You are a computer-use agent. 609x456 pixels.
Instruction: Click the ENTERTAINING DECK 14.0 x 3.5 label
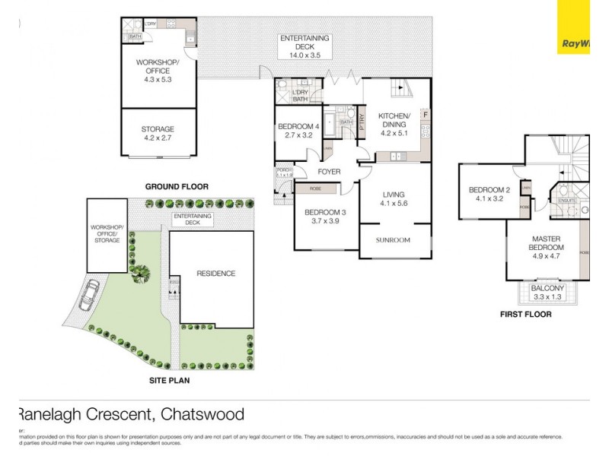point(304,46)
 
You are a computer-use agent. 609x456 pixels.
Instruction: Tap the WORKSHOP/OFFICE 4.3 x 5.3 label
point(158,70)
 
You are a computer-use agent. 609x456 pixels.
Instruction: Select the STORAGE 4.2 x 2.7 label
point(158,134)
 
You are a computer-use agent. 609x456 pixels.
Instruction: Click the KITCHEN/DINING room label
point(394,120)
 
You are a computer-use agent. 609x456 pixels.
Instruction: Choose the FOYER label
point(329,172)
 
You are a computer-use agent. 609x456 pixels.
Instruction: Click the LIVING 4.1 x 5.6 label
point(394,199)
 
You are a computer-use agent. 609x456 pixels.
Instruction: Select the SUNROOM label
point(393,240)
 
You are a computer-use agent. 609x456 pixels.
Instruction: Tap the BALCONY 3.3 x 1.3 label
point(547,293)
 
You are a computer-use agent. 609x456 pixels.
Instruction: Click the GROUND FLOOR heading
point(177,186)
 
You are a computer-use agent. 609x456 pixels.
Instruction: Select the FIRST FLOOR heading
point(525,314)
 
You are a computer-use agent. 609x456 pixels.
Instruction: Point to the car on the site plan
point(88,294)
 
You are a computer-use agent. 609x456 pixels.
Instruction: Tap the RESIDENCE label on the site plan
point(215,274)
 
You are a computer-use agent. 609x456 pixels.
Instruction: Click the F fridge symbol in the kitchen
point(425,116)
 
